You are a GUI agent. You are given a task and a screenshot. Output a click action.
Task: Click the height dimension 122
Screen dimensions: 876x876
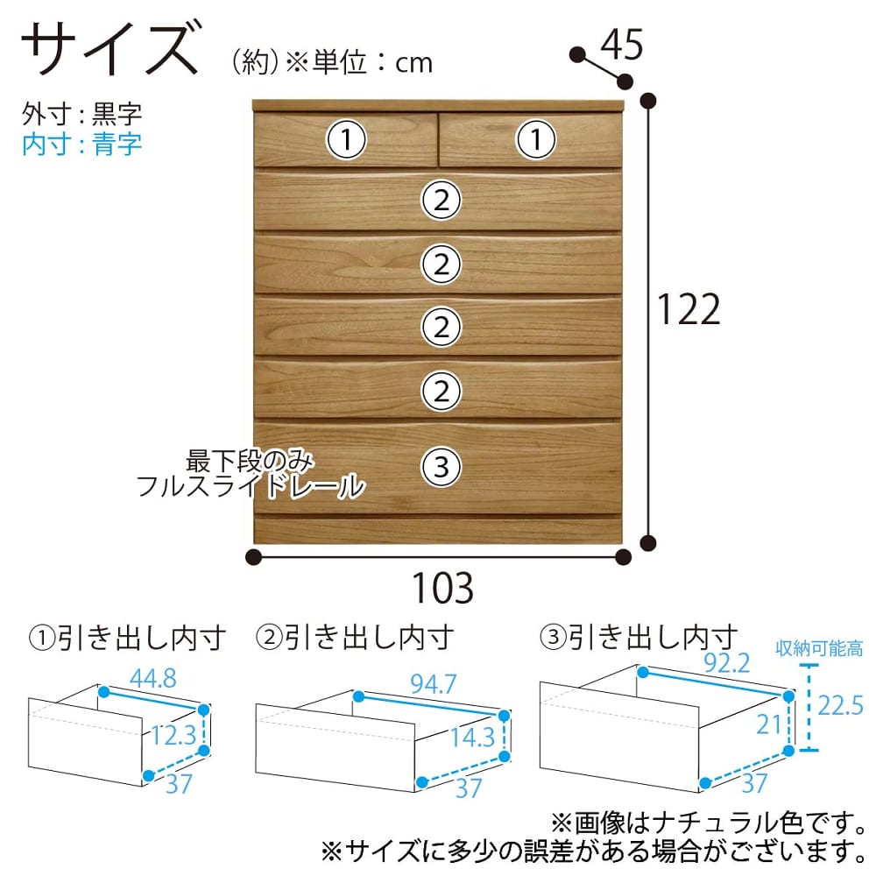pyautogui.click(x=689, y=309)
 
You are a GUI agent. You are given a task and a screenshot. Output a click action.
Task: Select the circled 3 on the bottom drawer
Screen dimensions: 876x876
pyautogui.click(x=441, y=467)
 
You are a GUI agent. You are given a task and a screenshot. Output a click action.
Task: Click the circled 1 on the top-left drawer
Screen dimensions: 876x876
pyautogui.click(x=346, y=139)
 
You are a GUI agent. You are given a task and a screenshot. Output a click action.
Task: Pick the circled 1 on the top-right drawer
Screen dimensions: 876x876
pyautogui.click(x=536, y=139)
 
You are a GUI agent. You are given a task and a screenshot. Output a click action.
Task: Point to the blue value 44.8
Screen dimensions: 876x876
pyautogui.click(x=153, y=679)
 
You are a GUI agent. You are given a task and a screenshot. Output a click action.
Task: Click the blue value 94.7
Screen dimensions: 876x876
pyautogui.click(x=433, y=684)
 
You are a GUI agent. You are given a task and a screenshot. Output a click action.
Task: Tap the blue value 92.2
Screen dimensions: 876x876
pyautogui.click(x=726, y=663)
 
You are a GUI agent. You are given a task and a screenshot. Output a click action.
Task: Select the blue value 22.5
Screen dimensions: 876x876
pyautogui.click(x=840, y=705)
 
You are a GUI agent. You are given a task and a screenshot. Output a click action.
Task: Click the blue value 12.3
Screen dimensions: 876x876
pyautogui.click(x=173, y=735)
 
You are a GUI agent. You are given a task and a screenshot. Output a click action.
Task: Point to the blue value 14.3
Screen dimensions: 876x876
pyautogui.click(x=473, y=738)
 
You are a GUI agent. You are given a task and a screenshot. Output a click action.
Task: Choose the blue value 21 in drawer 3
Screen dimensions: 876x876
pyautogui.click(x=769, y=724)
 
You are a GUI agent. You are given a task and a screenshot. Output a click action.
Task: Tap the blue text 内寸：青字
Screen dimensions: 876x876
pyautogui.click(x=81, y=145)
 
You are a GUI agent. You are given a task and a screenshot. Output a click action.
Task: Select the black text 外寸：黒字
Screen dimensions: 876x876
pyautogui.click(x=81, y=114)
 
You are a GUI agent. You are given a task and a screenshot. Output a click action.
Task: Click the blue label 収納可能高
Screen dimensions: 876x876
pyautogui.click(x=819, y=648)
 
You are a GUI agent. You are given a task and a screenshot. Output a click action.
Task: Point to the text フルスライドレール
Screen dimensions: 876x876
pyautogui.click(x=251, y=486)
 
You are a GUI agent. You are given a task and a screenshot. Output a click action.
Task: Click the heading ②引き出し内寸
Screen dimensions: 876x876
pyautogui.click(x=354, y=638)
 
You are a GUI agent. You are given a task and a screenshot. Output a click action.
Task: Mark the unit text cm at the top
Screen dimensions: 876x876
pyautogui.click(x=414, y=64)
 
